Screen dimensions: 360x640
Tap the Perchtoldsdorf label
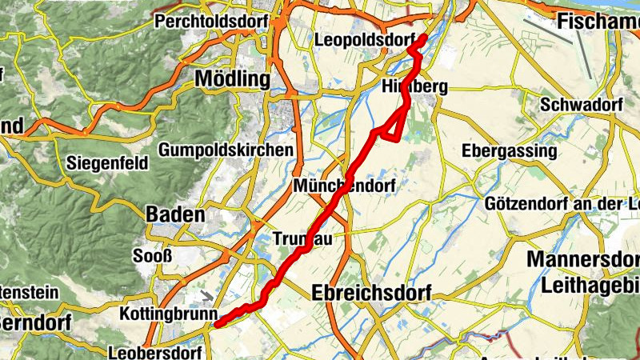coord(210,20)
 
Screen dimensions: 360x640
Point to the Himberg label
coord(414,86)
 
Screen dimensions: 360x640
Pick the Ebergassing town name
coord(509,151)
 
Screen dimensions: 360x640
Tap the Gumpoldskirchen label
coord(226,150)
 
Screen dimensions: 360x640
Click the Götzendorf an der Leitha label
coord(562,203)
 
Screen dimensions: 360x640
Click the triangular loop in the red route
coord(392,128)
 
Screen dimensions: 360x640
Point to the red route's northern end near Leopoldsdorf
coord(422,38)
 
